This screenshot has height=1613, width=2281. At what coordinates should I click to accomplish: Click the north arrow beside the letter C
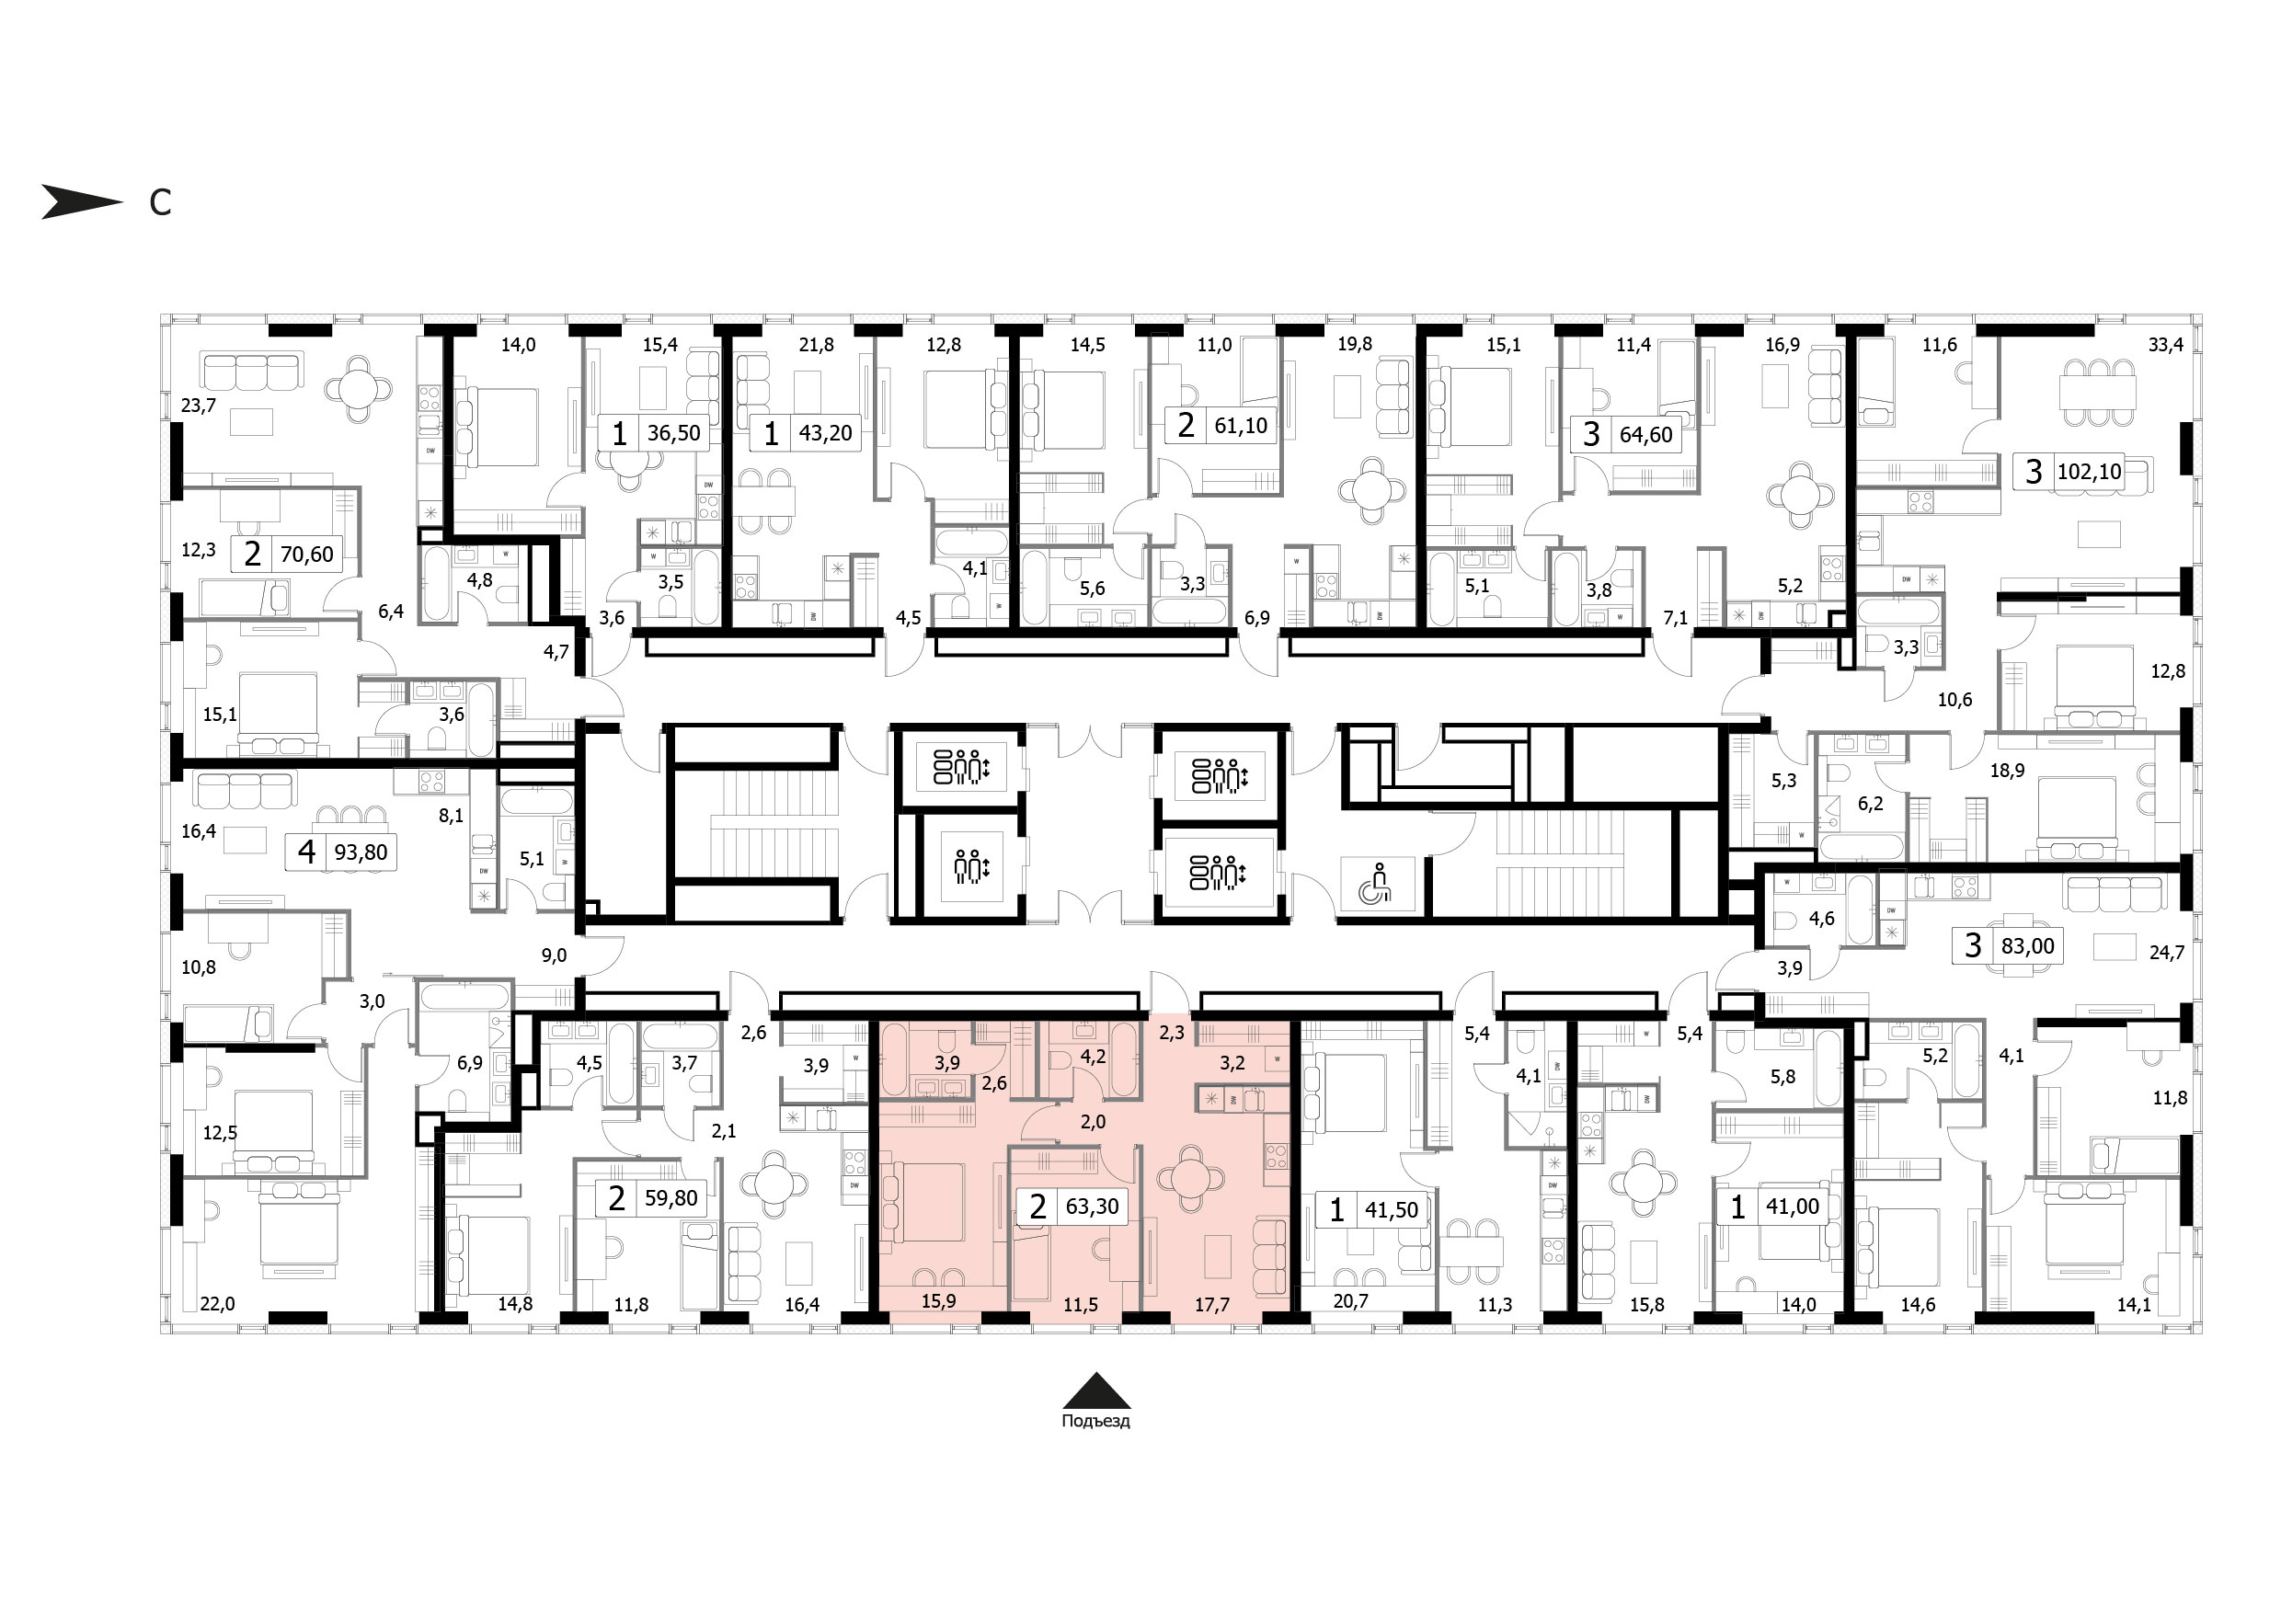pyautogui.click(x=82, y=201)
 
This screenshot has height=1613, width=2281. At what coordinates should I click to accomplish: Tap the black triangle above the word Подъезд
pyautogui.click(x=1095, y=1390)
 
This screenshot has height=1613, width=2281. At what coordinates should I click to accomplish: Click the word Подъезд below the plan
pyautogui.click(x=1095, y=1422)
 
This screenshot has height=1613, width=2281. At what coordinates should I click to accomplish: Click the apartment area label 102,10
pyautogui.click(x=2090, y=472)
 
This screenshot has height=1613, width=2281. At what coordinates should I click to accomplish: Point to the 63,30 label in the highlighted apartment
pyautogui.click(x=1093, y=1207)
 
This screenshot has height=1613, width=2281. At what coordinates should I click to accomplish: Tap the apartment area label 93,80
pyautogui.click(x=361, y=852)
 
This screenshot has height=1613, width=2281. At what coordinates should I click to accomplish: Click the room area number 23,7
pyautogui.click(x=199, y=406)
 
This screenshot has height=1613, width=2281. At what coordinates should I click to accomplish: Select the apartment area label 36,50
pyautogui.click(x=673, y=433)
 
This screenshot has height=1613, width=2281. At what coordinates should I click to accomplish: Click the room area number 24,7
pyautogui.click(x=2167, y=953)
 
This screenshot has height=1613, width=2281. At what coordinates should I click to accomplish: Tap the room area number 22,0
pyautogui.click(x=218, y=1304)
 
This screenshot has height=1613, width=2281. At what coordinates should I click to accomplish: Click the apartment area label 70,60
pyautogui.click(x=307, y=555)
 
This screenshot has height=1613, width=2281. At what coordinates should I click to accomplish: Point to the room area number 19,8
pyautogui.click(x=1355, y=345)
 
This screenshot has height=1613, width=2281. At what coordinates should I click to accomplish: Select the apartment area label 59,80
pyautogui.click(x=671, y=1198)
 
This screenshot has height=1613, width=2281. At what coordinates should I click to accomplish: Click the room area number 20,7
pyautogui.click(x=1351, y=1301)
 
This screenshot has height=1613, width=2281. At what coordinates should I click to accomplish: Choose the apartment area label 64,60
pyautogui.click(x=1646, y=435)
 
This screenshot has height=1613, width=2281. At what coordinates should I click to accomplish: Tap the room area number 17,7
pyautogui.click(x=1212, y=1305)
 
